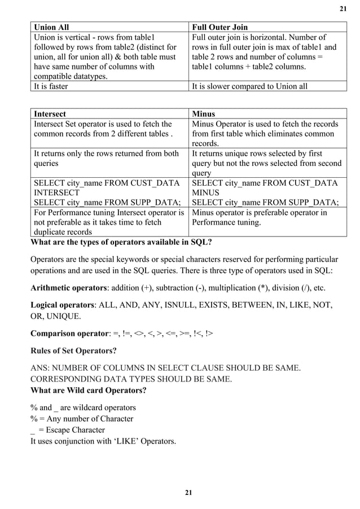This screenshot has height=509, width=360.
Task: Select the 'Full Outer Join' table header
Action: pyautogui.click(x=220, y=27)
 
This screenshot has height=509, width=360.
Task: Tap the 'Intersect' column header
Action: pyautogui.click(x=50, y=113)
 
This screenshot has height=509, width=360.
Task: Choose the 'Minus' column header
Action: pyautogui.click(x=204, y=113)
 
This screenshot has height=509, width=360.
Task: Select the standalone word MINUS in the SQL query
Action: pyautogui.click(x=207, y=192)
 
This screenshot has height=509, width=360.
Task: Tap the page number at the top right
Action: pyautogui.click(x=342, y=8)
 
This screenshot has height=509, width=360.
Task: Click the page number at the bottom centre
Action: pyautogui.click(x=188, y=493)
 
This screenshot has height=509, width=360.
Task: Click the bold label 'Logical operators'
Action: pyautogui.click(x=62, y=305)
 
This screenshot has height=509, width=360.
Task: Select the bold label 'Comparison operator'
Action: pyautogui.click(x=68, y=334)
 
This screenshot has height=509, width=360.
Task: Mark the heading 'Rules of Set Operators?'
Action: pyautogui.click(x=73, y=351)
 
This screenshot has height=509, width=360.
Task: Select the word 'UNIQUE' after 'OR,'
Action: pyautogui.click(x=65, y=316)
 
